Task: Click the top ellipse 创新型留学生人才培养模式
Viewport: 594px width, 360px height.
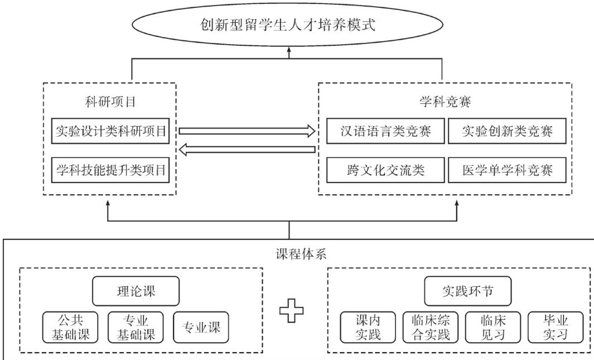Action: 288,25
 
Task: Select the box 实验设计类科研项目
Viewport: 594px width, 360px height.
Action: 111,131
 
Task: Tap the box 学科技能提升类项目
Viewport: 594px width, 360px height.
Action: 111,170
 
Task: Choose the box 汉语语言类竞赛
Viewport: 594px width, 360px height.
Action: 386,131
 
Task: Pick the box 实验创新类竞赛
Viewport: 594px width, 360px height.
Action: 507,131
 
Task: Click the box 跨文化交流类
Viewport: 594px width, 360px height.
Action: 386,170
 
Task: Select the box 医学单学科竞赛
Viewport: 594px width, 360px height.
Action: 507,170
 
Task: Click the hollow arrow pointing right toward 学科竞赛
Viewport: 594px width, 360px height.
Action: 247,131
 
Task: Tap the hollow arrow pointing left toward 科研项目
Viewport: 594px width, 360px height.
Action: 247,149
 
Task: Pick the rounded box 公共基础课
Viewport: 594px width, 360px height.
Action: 70,327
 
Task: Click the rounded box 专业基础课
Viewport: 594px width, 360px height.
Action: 136,327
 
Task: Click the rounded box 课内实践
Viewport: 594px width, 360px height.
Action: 368,327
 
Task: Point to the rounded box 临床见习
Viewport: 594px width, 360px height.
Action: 493,327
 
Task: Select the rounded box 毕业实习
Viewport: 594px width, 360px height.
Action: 556,327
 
